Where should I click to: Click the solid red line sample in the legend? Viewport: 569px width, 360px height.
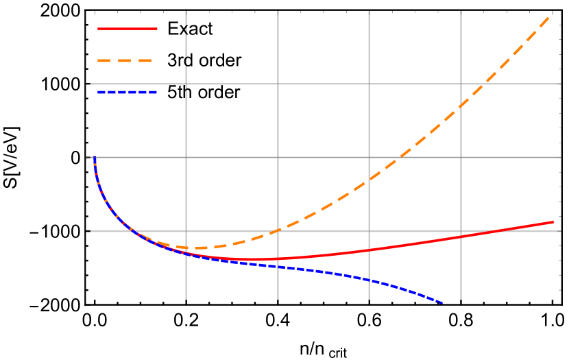(x=128, y=29)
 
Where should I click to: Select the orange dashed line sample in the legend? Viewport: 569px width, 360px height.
(x=128, y=60)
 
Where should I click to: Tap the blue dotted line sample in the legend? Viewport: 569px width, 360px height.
(x=128, y=92)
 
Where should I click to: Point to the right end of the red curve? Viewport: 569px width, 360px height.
(x=553, y=221)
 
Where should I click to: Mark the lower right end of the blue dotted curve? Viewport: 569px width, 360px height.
(x=442, y=302)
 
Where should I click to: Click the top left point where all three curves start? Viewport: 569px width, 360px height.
(x=94, y=158)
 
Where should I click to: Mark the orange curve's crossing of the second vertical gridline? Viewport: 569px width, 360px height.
(x=278, y=230)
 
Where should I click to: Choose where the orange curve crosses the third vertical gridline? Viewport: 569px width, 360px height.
(x=369, y=180)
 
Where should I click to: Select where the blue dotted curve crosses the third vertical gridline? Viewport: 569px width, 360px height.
(x=369, y=280)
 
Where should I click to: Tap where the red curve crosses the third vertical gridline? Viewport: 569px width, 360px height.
(x=369, y=250)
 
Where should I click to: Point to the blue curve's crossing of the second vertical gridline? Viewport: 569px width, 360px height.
(x=278, y=267)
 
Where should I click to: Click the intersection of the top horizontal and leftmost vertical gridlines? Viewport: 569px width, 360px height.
(x=186, y=84)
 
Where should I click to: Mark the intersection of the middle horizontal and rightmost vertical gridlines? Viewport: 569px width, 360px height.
(x=461, y=157)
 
